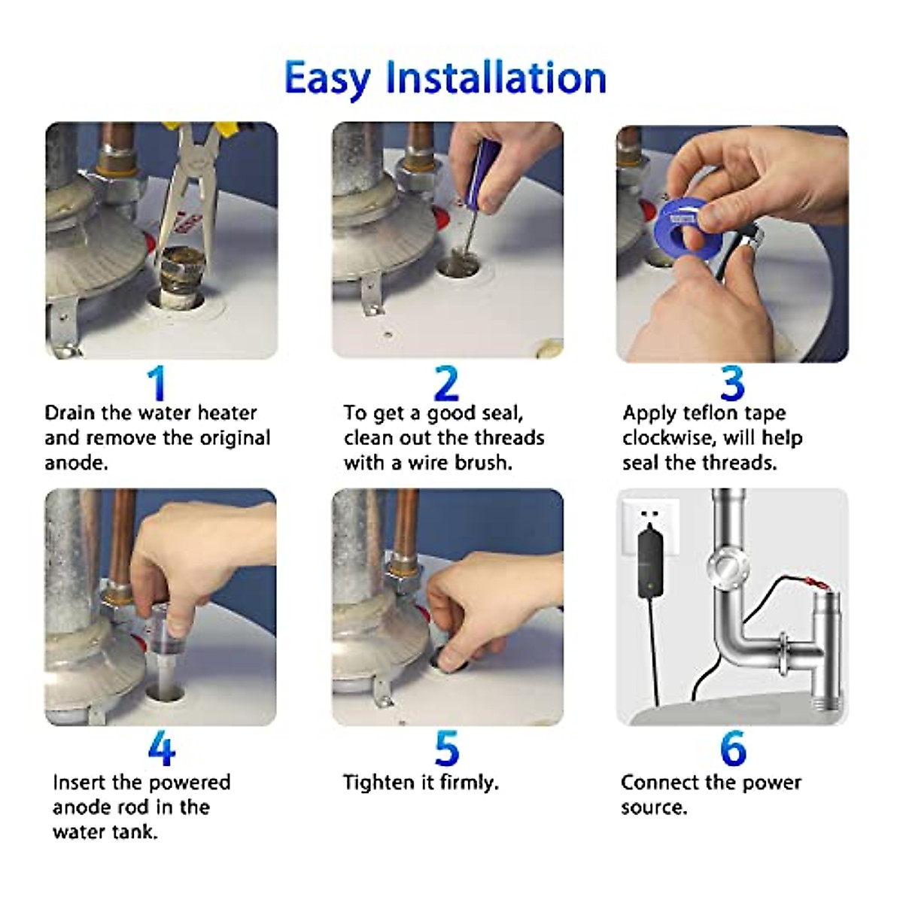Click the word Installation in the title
pos(496,78)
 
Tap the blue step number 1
pos(157,383)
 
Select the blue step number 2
pos(446,383)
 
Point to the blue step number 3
pos(732,383)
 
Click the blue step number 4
pos(161,749)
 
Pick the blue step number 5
pos(446,749)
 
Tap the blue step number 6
pos(732,749)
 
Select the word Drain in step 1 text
pos(70,413)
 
